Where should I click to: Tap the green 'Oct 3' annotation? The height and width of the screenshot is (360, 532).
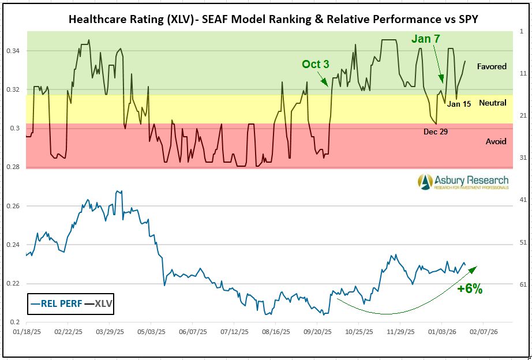(x=316, y=64)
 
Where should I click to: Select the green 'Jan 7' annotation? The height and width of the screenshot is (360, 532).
(x=426, y=39)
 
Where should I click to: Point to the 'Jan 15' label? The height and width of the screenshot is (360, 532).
(x=459, y=104)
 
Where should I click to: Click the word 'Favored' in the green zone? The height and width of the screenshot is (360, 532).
(x=492, y=66)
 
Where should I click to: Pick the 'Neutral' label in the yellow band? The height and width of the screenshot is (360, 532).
(x=493, y=103)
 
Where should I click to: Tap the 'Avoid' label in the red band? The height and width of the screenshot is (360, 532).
(x=496, y=141)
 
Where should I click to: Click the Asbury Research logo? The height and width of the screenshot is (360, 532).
(x=464, y=182)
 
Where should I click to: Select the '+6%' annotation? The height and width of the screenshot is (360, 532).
(x=469, y=289)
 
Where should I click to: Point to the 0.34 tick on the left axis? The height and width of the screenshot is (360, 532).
(x=14, y=51)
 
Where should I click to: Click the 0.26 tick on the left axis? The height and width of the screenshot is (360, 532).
(x=14, y=206)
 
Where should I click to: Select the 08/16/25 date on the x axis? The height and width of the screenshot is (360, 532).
(x=276, y=332)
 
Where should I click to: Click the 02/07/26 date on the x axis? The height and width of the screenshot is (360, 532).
(x=484, y=332)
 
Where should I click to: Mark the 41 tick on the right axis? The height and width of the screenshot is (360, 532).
(x=523, y=200)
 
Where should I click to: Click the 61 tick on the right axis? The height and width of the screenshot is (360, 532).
(x=523, y=284)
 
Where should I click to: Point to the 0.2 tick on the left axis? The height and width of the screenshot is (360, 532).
(x=17, y=322)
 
